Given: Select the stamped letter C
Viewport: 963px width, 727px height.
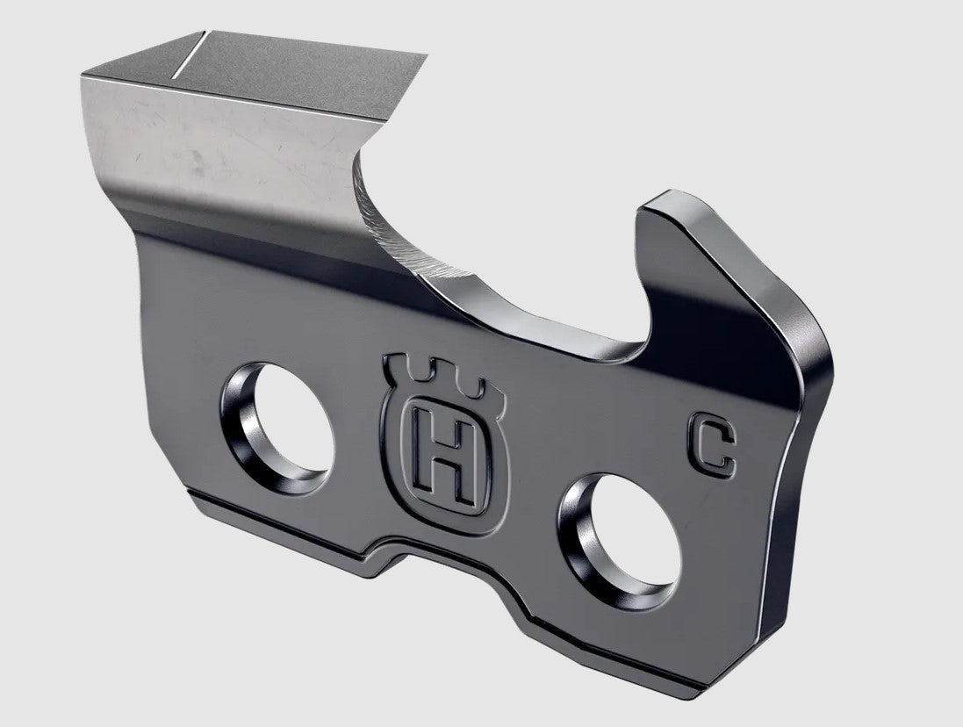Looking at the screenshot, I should (x=713, y=450).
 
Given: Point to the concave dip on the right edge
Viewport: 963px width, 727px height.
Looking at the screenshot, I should (x=790, y=421).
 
